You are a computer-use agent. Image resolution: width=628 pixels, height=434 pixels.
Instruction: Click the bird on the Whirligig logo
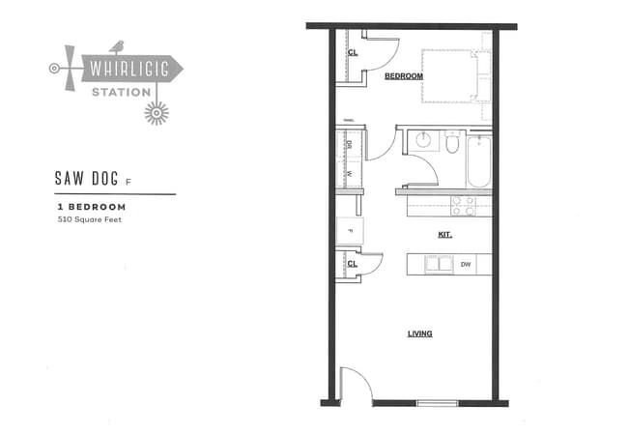pos(118,45)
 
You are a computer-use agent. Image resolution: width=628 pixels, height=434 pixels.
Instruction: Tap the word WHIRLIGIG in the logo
pos(126,70)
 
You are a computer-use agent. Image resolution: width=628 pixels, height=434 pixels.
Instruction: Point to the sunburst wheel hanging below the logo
pos(156,112)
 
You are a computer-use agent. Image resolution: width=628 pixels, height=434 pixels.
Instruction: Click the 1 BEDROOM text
pos(91,207)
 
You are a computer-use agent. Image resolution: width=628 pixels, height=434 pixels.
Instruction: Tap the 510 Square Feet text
pos(91,219)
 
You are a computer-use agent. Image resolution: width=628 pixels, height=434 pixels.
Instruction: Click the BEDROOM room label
pos(404,75)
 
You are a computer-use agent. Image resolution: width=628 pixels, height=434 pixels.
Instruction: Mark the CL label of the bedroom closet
pos(353,53)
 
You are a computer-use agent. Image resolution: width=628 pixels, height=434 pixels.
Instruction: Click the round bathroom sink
pos(422,140)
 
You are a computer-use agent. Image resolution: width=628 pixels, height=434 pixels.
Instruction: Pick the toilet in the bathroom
pos(452,143)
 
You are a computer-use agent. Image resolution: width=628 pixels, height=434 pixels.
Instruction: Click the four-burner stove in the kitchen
pos(464,205)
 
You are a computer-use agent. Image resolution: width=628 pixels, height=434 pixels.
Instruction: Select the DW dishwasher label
pos(466,263)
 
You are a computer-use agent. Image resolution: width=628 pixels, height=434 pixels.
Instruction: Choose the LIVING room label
pos(419,333)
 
